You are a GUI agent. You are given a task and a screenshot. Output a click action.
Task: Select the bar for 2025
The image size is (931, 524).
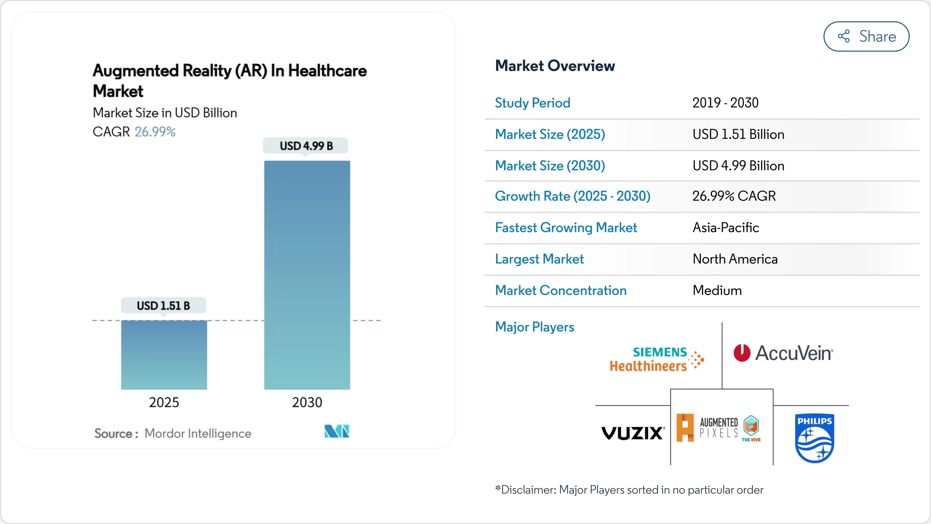(x=164, y=355)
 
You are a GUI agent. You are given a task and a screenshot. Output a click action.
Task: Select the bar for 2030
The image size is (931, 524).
(x=307, y=275)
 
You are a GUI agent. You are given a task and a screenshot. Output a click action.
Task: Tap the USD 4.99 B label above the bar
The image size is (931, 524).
(x=306, y=146)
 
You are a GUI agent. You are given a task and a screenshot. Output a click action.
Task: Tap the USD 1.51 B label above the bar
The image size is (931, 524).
(x=163, y=306)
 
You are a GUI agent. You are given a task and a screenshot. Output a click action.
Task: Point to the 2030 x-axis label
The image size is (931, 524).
(x=307, y=402)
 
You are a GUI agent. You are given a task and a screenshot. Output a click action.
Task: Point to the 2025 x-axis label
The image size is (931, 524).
(x=164, y=402)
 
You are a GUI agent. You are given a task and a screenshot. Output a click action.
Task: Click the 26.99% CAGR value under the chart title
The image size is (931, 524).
(x=155, y=132)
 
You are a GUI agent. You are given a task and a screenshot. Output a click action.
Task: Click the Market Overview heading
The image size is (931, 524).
(x=555, y=66)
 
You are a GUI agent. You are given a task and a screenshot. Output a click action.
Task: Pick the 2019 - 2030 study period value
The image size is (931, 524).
(x=725, y=103)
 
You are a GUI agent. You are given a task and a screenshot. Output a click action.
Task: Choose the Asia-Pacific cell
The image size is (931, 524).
(x=726, y=227)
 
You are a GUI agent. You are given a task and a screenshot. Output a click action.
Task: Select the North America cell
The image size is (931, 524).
(x=735, y=259)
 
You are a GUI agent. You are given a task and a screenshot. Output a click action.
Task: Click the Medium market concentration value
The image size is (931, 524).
(x=717, y=290)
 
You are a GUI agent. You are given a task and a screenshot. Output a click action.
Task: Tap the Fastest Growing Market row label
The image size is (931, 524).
(x=566, y=227)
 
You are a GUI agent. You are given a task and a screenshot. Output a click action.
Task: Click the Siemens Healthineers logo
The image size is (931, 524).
(x=657, y=359)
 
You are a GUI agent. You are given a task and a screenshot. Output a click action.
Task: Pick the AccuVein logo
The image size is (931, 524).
(x=783, y=353)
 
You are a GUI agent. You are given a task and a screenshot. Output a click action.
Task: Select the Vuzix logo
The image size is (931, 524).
(x=633, y=433)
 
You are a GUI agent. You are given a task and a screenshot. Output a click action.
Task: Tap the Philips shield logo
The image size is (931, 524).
(x=814, y=438)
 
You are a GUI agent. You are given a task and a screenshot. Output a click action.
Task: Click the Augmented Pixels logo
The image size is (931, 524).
(x=718, y=428)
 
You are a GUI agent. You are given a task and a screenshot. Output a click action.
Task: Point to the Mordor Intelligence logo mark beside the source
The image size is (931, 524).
(x=337, y=431)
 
